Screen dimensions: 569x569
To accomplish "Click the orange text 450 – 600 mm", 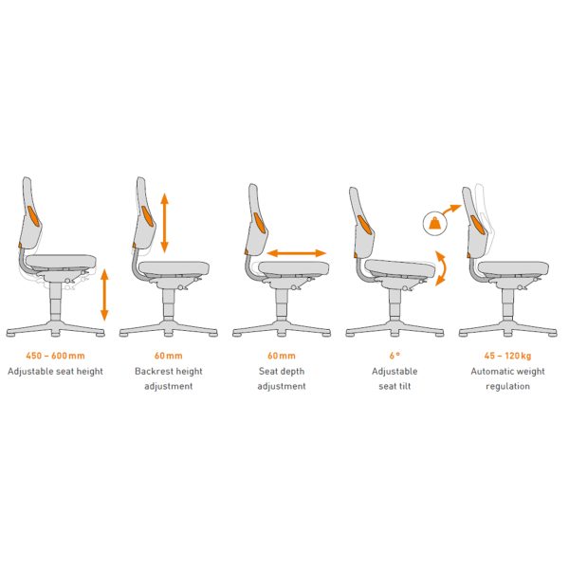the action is point(55,356).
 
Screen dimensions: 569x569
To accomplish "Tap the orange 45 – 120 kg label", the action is point(507,356).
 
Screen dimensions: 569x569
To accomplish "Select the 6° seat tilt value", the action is point(395,356).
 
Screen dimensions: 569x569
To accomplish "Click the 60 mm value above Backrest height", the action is point(169,356).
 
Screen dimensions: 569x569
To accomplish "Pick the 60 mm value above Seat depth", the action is point(282,356).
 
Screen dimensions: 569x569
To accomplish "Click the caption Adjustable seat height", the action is point(55,371).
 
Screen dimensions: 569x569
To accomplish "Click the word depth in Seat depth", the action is point(292,372).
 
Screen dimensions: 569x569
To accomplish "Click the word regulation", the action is point(507,387).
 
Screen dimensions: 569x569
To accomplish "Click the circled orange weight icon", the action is point(435,224).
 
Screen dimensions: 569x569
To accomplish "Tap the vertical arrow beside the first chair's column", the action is point(104,295).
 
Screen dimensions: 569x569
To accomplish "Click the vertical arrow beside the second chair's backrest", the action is point(164,223).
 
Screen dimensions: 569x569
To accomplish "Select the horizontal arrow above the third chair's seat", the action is point(297,253).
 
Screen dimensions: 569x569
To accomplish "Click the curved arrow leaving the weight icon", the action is point(451,210).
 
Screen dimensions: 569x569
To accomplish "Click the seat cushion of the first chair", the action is point(61,261).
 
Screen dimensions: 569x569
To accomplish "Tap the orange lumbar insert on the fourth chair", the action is point(364,224).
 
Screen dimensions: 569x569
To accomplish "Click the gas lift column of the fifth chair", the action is point(507,303).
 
